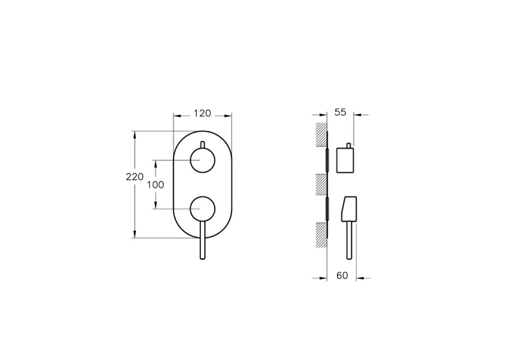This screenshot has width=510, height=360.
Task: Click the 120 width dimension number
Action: coord(203,112)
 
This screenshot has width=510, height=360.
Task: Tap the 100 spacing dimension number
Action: coord(155,184)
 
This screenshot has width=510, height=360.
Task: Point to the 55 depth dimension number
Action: coord(340,112)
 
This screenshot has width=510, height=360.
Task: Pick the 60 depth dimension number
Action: coord(342,275)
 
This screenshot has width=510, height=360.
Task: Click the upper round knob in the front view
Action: coord(202,161)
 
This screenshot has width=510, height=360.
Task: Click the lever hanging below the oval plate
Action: coord(203,245)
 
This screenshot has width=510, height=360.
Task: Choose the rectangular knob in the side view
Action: coord(346,160)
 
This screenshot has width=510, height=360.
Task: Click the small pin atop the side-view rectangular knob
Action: coord(348,144)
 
